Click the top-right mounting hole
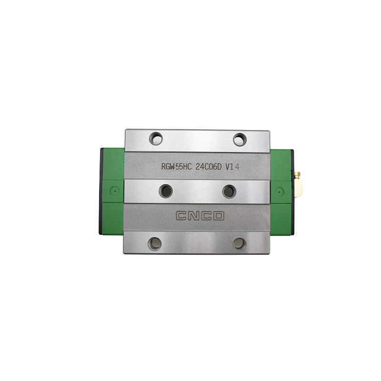pyautogui.click(x=239, y=139)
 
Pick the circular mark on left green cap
pyautogui.click(x=113, y=190)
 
